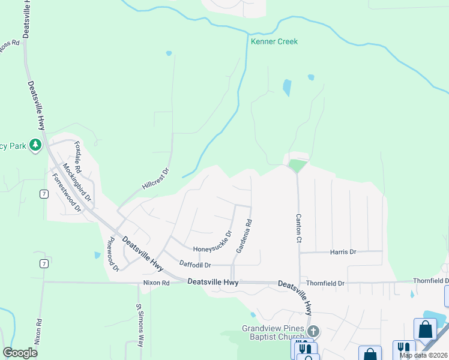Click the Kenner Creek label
(x=274, y=41)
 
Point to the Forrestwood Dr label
(x=66, y=193)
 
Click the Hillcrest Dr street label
(x=156, y=179)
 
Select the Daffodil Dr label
(x=195, y=265)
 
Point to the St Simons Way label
(x=140, y=326)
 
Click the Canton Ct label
(x=298, y=229)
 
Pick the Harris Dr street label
(x=343, y=252)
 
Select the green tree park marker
(x=36, y=145)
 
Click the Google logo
(x=20, y=353)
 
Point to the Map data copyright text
(x=424, y=355)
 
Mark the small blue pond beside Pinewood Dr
(x=97, y=255)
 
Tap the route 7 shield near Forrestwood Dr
(x=44, y=193)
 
